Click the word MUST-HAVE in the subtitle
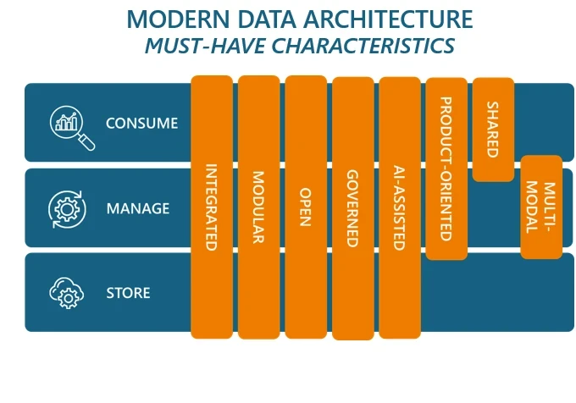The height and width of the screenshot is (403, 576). (197, 45)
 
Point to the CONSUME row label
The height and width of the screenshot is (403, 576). (141, 123)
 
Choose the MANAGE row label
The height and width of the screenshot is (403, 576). (138, 208)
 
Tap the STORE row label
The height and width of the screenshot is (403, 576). (128, 293)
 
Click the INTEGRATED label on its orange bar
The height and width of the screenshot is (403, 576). (211, 208)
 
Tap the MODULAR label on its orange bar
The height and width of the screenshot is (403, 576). (258, 207)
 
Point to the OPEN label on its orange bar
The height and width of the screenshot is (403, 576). (306, 207)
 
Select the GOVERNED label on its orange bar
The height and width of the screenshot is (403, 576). (352, 208)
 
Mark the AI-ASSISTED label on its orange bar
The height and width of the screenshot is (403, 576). (399, 208)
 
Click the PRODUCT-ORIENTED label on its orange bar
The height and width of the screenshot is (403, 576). (446, 168)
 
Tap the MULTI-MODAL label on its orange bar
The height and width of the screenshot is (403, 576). (540, 207)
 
